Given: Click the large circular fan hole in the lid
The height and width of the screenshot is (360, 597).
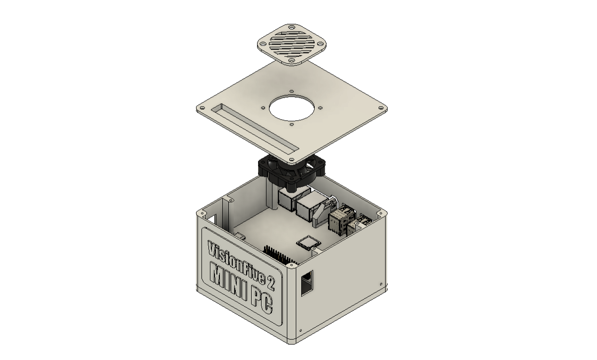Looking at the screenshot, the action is pos(292,108).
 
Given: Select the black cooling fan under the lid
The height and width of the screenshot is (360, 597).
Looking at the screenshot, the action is pos(292,173).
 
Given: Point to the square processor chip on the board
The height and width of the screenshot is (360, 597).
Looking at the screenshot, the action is pos(308,243).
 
